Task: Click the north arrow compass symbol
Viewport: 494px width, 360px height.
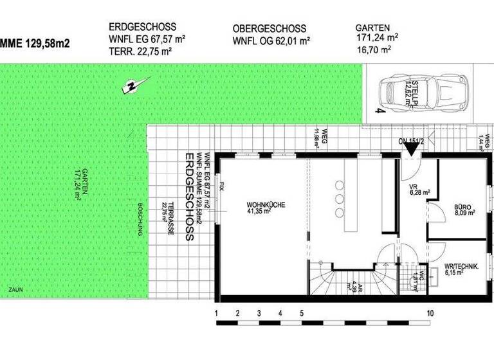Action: [x=134, y=84]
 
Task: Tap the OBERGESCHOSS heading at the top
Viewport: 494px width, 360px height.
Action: [x=270, y=30]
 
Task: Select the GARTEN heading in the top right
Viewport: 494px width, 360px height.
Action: [x=372, y=29]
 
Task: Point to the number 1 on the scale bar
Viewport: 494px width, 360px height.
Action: [x=217, y=313]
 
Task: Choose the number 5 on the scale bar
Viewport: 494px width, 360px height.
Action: [x=302, y=313]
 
